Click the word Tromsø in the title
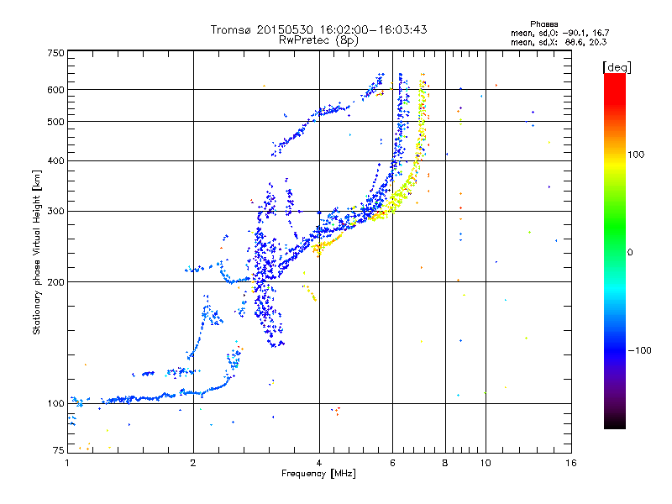click(x=232, y=29)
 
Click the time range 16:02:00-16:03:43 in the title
click(x=373, y=29)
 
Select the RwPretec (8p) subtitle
click(x=319, y=40)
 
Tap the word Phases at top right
click(x=543, y=24)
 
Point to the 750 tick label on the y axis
click(x=56, y=53)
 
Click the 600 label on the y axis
click(x=56, y=90)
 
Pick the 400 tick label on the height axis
click(x=56, y=160)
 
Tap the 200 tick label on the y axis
click(x=56, y=281)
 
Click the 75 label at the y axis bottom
click(x=59, y=450)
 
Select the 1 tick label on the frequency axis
click(x=67, y=463)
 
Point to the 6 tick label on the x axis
click(x=392, y=463)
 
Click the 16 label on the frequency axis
click(x=571, y=463)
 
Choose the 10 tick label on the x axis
click(x=486, y=463)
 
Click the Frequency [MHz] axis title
click(x=318, y=474)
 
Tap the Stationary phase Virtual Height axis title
click(x=36, y=253)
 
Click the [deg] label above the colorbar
click(x=617, y=67)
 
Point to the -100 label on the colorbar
click(x=639, y=350)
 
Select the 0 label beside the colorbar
click(x=629, y=252)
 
